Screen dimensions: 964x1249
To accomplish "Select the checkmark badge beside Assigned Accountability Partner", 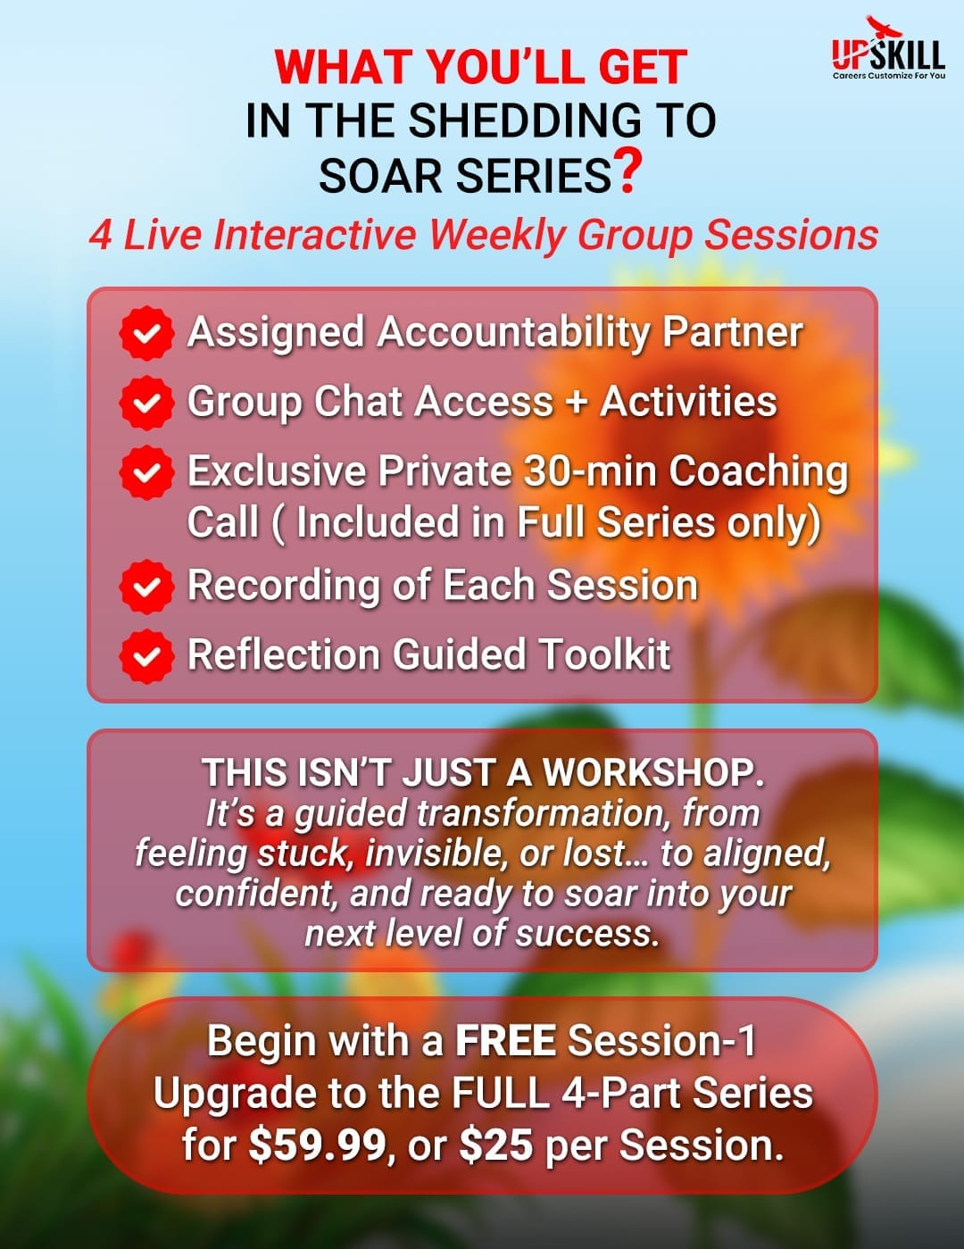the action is (146, 333).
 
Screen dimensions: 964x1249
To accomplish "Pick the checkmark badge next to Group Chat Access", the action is (146, 403).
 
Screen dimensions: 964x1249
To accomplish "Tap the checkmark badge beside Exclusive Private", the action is (146, 472).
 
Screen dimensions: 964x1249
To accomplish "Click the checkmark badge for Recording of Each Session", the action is (146, 587).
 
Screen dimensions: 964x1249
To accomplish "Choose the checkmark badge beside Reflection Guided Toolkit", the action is (146, 656).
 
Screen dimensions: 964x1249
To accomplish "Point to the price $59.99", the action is (317, 1145).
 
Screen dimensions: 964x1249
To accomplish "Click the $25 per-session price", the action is (496, 1145).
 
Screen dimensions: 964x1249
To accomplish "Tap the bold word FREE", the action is (505, 1040).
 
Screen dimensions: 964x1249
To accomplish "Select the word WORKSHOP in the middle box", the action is (653, 772).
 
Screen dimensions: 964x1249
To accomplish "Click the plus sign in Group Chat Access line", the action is (577, 402).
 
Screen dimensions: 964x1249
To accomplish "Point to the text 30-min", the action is (589, 470).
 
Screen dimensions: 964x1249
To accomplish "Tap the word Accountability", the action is (512, 334).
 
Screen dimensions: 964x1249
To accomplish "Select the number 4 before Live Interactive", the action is (100, 236).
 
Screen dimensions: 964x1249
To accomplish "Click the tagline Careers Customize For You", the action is (889, 75).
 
